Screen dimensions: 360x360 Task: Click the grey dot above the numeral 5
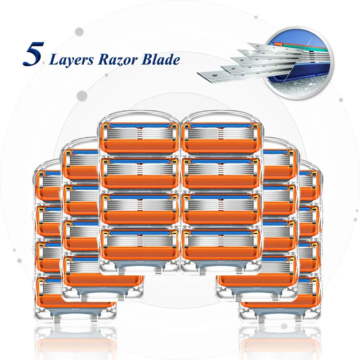tap(79, 31)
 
